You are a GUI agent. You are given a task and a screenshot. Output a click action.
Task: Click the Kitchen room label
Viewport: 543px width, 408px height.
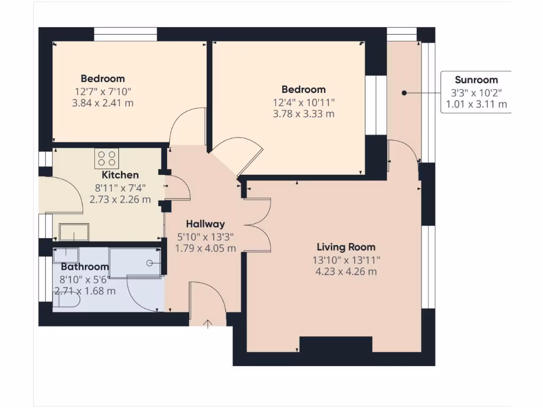(120, 175)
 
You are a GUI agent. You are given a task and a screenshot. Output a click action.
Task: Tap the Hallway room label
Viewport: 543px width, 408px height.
(206, 224)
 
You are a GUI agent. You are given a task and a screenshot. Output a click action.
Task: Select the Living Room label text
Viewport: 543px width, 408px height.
(346, 247)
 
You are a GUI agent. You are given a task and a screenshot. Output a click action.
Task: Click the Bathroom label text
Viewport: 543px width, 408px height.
(85, 267)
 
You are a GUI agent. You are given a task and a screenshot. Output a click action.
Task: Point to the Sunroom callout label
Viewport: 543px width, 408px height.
(476, 80)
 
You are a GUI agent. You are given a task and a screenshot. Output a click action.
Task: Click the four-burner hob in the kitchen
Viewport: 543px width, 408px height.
(107, 158)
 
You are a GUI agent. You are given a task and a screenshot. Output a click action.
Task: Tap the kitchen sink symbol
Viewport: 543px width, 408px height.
(74, 232)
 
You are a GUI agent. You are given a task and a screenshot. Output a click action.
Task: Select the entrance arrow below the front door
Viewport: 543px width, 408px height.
(207, 324)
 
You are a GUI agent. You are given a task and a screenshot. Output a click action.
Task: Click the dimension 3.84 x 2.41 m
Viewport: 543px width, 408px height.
(102, 103)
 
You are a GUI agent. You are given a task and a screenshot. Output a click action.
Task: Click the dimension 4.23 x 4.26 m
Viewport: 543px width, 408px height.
(346, 271)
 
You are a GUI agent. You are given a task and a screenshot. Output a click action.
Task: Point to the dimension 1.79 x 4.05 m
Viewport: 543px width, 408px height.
(206, 249)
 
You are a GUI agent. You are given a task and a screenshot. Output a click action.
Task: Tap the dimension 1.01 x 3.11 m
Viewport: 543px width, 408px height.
(476, 104)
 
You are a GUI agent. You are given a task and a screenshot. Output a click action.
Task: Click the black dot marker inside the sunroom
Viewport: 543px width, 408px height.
(404, 93)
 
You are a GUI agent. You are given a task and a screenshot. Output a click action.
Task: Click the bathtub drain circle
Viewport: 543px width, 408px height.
(150, 263)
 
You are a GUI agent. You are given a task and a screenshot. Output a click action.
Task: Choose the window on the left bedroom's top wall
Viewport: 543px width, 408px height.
(126, 35)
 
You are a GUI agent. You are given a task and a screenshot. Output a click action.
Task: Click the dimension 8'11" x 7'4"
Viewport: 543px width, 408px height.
(120, 188)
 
